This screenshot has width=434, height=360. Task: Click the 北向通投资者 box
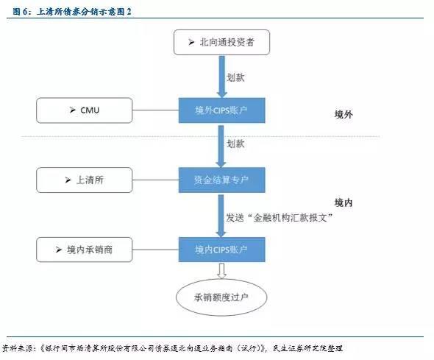[221, 43]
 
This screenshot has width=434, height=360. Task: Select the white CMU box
[85, 110]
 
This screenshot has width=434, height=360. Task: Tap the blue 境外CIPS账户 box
[221, 110]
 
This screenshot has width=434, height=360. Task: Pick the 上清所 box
[85, 180]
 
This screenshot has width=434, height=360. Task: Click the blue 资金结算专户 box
[221, 180]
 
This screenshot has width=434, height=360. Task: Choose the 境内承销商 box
[85, 250]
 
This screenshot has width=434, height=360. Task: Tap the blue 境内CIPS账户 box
[221, 250]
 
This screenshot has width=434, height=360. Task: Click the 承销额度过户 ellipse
[221, 297]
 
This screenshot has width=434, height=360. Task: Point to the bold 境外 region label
[344, 114]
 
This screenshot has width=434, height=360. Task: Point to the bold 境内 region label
[344, 202]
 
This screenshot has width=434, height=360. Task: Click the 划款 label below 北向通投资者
[235, 77]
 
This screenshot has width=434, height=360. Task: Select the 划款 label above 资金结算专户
[235, 144]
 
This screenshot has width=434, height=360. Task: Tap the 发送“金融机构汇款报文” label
[279, 218]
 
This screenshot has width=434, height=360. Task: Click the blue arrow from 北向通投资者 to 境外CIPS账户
[221, 77]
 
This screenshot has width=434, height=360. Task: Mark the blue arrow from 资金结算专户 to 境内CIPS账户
[221, 216]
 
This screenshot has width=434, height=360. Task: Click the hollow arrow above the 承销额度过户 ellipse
[221, 271]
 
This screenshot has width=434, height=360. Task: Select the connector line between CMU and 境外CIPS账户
[155, 110]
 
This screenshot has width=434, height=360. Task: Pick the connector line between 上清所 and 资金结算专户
[155, 180]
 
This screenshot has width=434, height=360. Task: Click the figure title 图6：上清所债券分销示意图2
[72, 11]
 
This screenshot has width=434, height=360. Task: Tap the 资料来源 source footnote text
[172, 348]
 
